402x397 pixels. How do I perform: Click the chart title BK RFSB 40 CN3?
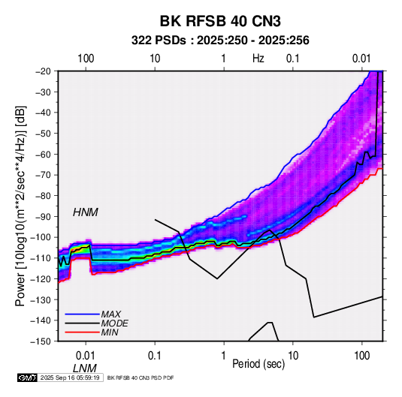click(220, 21)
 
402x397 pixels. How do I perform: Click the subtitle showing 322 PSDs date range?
click(220, 41)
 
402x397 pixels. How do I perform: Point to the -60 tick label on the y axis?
click(43, 154)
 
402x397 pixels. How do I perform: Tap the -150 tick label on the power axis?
click(41, 341)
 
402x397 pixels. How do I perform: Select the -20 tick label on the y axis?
click(43, 71)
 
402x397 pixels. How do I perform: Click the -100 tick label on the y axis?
click(41, 237)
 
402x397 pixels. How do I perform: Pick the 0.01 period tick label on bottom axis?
click(86, 356)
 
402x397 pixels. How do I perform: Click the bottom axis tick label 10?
click(293, 356)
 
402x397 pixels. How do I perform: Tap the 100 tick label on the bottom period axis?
click(361, 356)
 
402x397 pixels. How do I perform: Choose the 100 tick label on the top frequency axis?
click(86, 59)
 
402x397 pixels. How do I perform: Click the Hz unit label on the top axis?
click(258, 59)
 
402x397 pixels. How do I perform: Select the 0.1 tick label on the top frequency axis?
click(293, 59)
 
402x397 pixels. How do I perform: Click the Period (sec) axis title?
click(258, 364)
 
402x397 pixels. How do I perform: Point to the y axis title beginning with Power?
click(20, 206)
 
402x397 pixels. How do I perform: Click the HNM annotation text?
click(86, 212)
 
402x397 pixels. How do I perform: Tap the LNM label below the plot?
click(85, 368)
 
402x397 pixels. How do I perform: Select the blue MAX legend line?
click(83, 314)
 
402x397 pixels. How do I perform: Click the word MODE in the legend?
click(115, 323)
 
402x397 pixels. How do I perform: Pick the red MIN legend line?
click(83, 332)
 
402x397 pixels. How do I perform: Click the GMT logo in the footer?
click(27, 377)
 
